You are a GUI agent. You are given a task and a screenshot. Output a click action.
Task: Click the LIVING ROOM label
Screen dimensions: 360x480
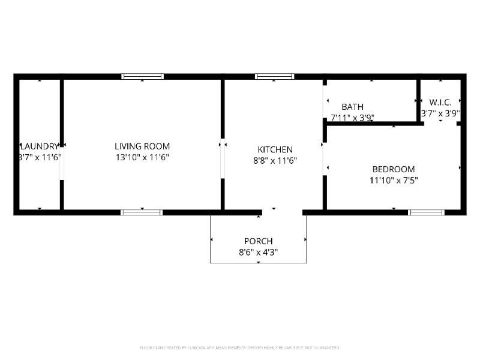tap(142, 146)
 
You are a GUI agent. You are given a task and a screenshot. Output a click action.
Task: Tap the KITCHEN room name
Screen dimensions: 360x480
tap(275, 149)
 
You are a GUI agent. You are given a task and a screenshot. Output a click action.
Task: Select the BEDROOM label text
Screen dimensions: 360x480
tap(393, 169)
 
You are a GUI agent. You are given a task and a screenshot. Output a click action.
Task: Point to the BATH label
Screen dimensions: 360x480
tap(352, 107)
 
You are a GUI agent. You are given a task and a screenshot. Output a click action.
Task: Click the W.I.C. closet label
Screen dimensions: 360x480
tap(440, 102)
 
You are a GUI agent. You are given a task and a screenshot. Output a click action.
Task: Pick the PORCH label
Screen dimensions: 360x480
tap(258, 241)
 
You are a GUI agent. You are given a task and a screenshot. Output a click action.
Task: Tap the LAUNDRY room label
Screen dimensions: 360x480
tap(40, 146)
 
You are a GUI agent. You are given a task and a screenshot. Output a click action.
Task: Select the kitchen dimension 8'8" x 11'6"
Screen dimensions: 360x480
tap(275, 160)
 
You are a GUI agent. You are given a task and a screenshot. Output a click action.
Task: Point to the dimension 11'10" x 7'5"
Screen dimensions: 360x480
tap(393, 179)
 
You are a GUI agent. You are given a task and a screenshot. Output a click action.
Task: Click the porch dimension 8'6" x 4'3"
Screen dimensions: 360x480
tap(258, 252)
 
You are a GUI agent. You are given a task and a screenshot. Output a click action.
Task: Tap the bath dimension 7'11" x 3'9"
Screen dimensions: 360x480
tap(352, 118)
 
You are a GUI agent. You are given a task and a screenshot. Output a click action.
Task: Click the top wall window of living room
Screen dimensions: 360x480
tap(142, 77)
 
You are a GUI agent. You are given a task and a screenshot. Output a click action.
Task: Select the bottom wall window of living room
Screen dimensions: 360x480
tap(142, 212)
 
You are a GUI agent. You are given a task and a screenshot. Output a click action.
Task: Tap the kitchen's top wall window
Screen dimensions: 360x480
tap(274, 77)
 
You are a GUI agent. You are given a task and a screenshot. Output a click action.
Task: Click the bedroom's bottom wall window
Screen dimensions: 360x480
tap(426, 212)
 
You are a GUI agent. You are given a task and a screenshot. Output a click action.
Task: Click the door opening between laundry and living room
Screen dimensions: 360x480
tap(62, 163)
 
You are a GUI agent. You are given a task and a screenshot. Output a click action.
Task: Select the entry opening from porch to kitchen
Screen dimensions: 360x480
tap(282, 212)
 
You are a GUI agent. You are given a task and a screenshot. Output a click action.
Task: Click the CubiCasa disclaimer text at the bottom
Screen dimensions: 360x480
tap(240, 347)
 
